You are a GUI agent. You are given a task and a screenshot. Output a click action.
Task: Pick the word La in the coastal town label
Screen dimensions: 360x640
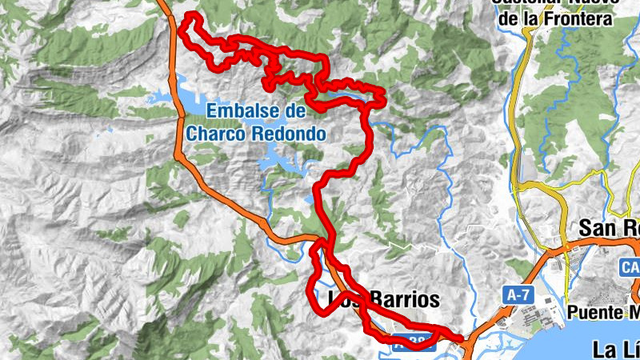pos(606,349)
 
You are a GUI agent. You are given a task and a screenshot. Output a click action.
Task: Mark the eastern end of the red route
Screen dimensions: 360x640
pos(462,338)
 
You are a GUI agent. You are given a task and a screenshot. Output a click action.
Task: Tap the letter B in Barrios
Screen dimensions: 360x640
pos(369,300)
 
